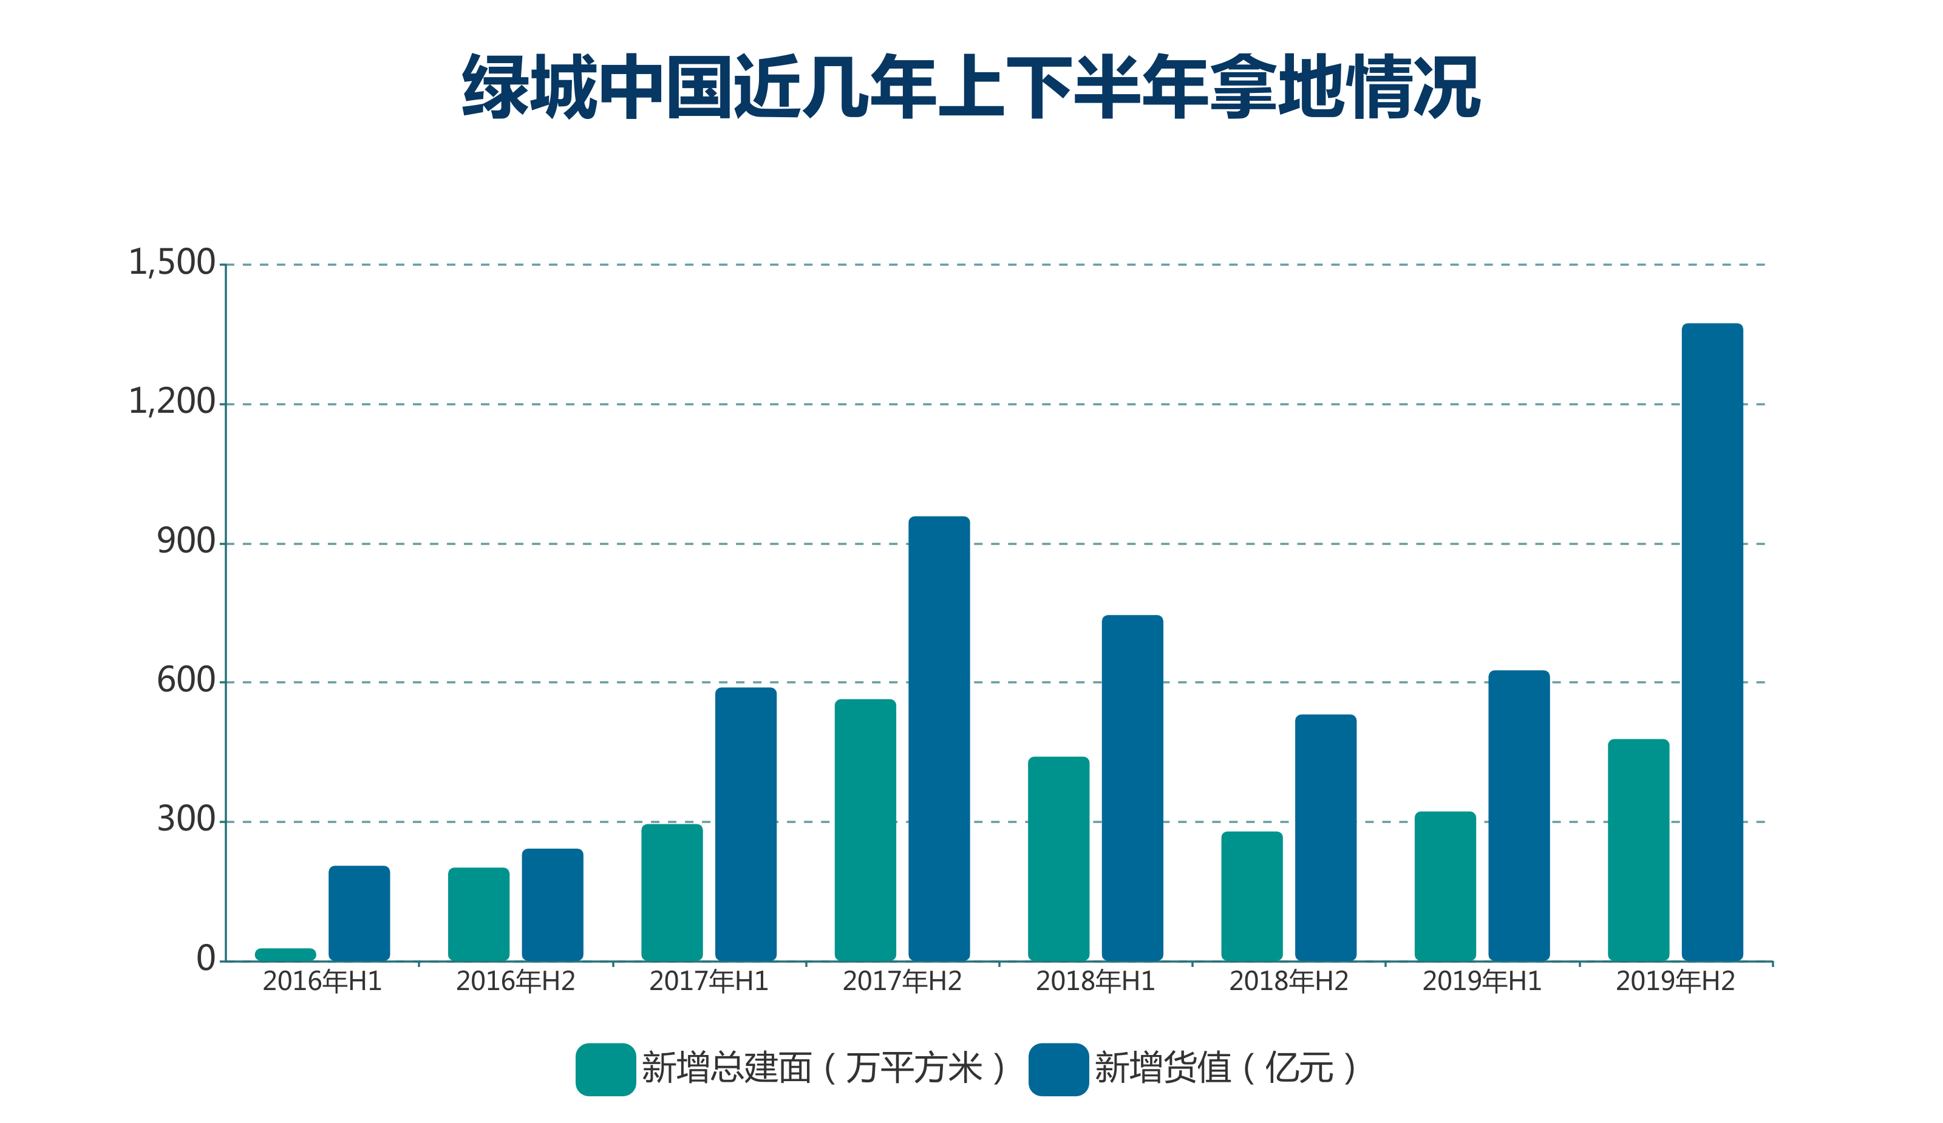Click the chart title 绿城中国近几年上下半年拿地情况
971,86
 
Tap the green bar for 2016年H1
285,954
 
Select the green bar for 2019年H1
1445,886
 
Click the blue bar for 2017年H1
746,823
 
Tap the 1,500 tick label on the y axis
171,263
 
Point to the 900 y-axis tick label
186,542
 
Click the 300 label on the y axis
186,820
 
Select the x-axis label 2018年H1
1095,981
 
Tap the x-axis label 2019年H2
1675,981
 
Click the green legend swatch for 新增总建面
605,1069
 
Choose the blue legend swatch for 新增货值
1058,1069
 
